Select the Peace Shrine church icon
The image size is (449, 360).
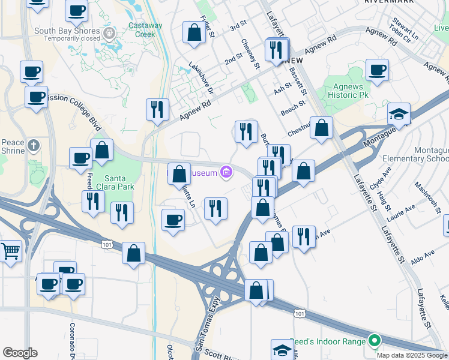[x=34, y=145]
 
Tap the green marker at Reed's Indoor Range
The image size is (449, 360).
[x=375, y=341]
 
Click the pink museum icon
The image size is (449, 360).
[x=226, y=173]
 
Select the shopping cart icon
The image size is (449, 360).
[x=9, y=251]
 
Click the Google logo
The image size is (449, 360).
[x=20, y=353]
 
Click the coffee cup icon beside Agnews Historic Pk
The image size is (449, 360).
[x=377, y=71]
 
